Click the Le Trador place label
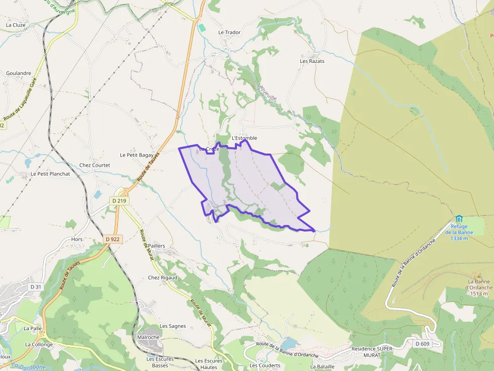pyautogui.click(x=229, y=32)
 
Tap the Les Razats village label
pyautogui.click(x=312, y=61)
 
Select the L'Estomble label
pyautogui.click(x=244, y=138)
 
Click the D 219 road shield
pyautogui.click(x=120, y=200)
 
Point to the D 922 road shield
pyautogui.click(x=113, y=239)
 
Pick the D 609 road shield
pyautogui.click(x=422, y=344)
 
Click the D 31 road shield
pyautogui.click(x=35, y=286)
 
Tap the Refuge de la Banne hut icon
pyautogui.click(x=459, y=219)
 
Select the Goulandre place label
pyautogui.click(x=19, y=73)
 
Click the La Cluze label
pyautogui.click(x=16, y=25)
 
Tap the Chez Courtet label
pyautogui.click(x=95, y=165)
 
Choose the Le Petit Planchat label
pyautogui.click(x=50, y=174)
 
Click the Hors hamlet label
pyautogui.click(x=77, y=240)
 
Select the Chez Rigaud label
pyautogui.click(x=163, y=278)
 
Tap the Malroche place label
pyautogui.click(x=148, y=337)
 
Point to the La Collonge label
pyautogui.click(x=39, y=345)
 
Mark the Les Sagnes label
pyautogui.click(x=173, y=326)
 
